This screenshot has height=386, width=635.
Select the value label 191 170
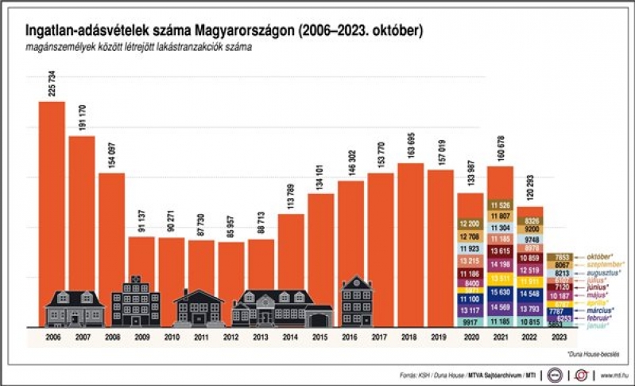point(82,120)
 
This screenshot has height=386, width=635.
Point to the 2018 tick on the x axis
point(410,338)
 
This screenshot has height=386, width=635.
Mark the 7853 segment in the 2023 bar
point(559,257)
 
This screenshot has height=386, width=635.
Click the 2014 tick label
point(291,338)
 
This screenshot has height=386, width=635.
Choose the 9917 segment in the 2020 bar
point(470,322)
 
